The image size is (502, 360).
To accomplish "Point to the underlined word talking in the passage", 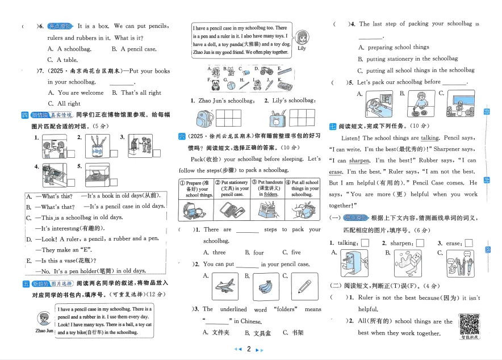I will [x=430, y=138].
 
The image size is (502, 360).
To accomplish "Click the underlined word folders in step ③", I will [x=271, y=194].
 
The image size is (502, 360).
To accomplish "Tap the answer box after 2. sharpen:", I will [x=420, y=243].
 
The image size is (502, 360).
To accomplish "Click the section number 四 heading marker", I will [x=24, y=115].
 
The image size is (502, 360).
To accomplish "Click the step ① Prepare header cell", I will [x=197, y=189].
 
